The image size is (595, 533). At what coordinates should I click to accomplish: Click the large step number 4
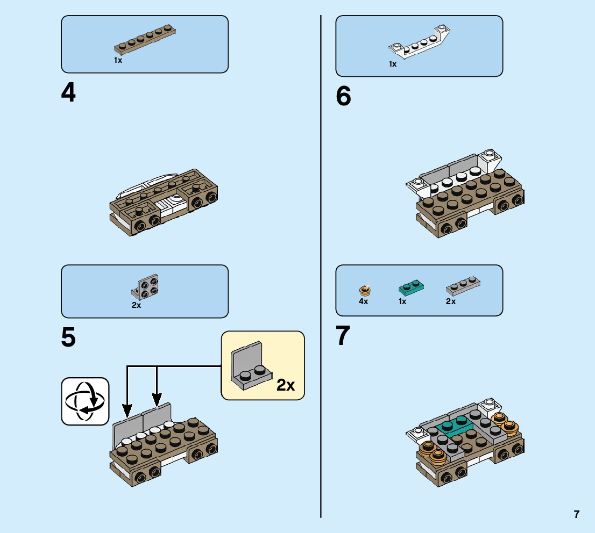(68, 93)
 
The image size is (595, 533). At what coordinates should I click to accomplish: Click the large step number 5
(68, 337)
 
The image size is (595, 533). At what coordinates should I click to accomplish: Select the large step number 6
(343, 97)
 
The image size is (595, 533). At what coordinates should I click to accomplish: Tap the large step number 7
(343, 336)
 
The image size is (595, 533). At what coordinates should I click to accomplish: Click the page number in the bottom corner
(577, 514)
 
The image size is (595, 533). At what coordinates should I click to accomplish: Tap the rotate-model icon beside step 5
(85, 401)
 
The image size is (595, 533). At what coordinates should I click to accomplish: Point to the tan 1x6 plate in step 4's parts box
(146, 41)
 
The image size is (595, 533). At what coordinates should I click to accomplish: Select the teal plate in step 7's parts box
(411, 287)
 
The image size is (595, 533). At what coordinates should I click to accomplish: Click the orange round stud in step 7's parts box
(365, 290)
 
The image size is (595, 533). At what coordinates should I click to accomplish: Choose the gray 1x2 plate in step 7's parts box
(463, 286)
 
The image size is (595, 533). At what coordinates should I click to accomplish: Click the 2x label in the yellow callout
(286, 385)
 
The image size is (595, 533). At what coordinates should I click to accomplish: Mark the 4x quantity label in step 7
(364, 301)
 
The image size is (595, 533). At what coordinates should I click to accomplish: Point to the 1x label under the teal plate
(402, 301)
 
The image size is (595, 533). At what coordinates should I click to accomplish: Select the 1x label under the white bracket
(393, 64)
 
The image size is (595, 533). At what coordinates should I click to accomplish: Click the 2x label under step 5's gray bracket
(136, 305)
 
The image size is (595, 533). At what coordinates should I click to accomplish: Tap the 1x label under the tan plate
(118, 60)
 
